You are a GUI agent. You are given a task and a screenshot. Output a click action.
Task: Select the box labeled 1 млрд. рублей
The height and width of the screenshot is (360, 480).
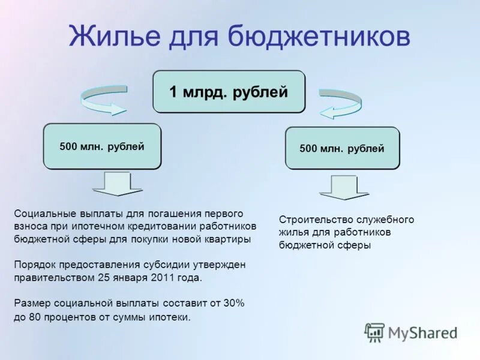229,92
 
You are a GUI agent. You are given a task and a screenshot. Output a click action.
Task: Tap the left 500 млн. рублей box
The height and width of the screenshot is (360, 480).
102,146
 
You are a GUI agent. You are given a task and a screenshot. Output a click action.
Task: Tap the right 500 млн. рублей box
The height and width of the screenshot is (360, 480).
342,149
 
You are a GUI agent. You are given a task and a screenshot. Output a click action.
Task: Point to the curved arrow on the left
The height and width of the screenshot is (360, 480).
103,99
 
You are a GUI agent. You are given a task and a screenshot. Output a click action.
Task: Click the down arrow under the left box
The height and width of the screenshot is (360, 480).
118,184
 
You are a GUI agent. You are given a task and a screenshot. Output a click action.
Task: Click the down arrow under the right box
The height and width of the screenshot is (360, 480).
344,187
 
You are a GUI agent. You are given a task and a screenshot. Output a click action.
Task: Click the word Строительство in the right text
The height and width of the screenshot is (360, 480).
311,220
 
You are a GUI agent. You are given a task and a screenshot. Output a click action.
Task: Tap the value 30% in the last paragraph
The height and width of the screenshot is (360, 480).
234,304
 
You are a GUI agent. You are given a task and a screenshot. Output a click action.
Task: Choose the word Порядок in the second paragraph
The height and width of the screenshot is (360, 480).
34,265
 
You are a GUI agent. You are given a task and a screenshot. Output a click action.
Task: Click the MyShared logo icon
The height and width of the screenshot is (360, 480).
374,332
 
